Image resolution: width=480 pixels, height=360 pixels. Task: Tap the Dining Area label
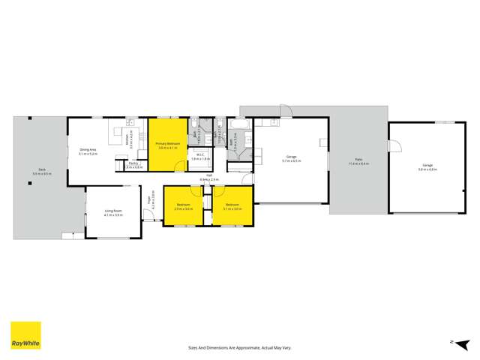[88, 149]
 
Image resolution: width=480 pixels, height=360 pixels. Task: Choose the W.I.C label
[200, 154]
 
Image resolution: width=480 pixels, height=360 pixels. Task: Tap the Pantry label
[133, 163]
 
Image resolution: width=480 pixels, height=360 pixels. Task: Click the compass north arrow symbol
[452, 341]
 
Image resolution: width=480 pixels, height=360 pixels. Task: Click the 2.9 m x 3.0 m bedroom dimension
[184, 208]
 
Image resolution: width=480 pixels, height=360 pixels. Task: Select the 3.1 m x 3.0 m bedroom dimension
[232, 208]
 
